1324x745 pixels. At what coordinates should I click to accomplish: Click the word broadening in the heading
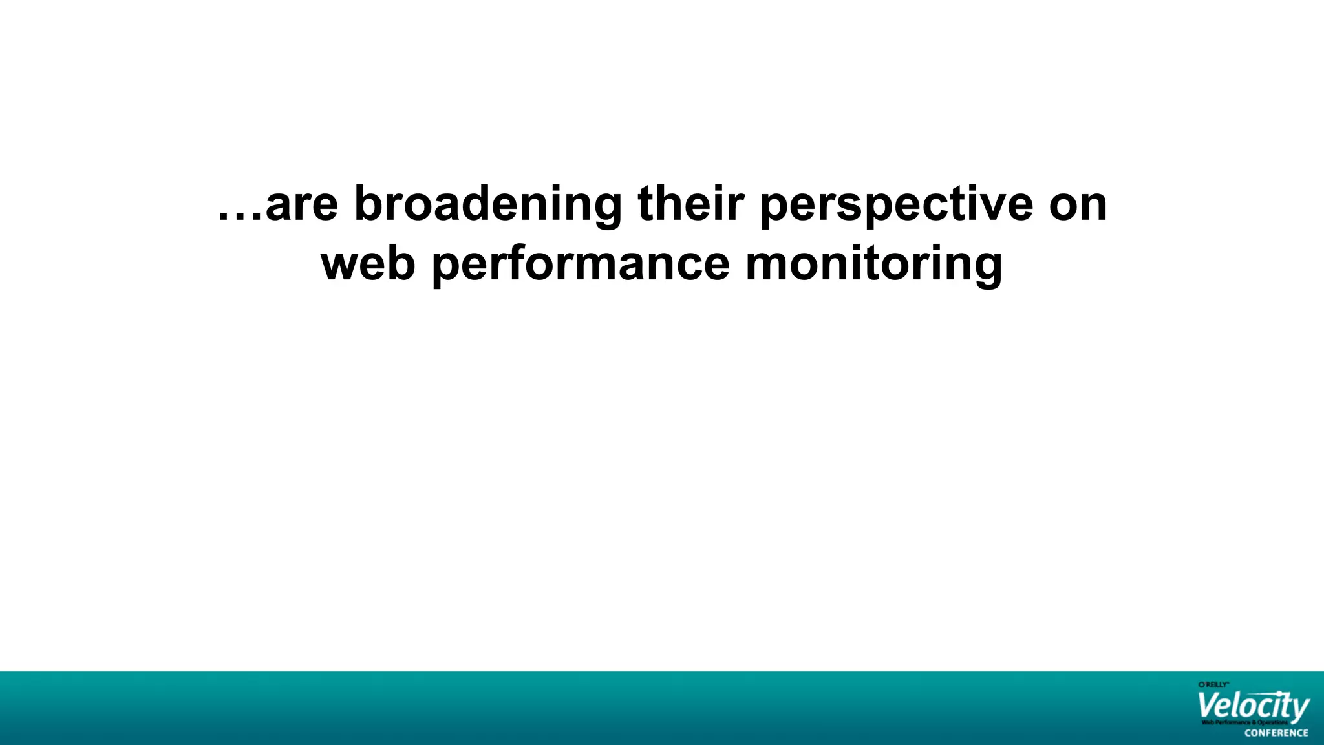click(x=487, y=204)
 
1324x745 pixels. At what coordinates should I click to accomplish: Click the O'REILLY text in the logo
click(x=1213, y=684)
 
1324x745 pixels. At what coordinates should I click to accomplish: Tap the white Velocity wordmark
click(x=1252, y=706)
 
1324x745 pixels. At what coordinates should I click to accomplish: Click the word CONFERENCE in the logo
click(x=1276, y=733)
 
